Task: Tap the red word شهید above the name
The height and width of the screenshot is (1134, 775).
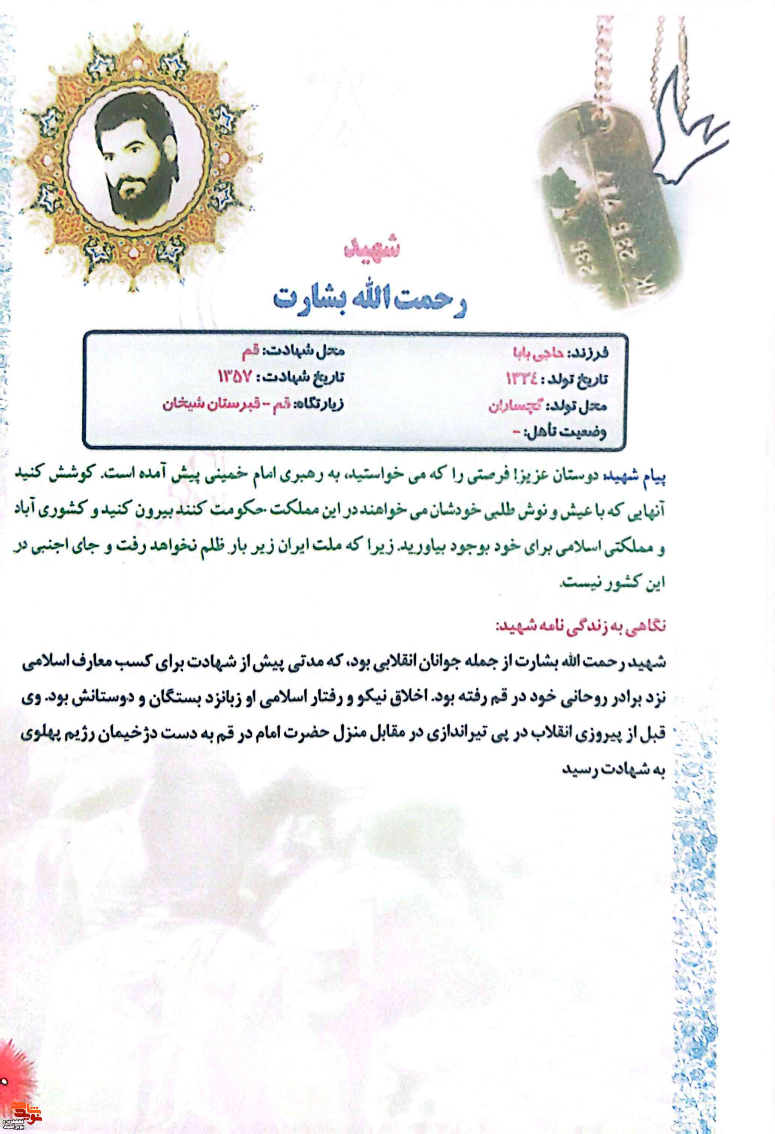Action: [x=372, y=248]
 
